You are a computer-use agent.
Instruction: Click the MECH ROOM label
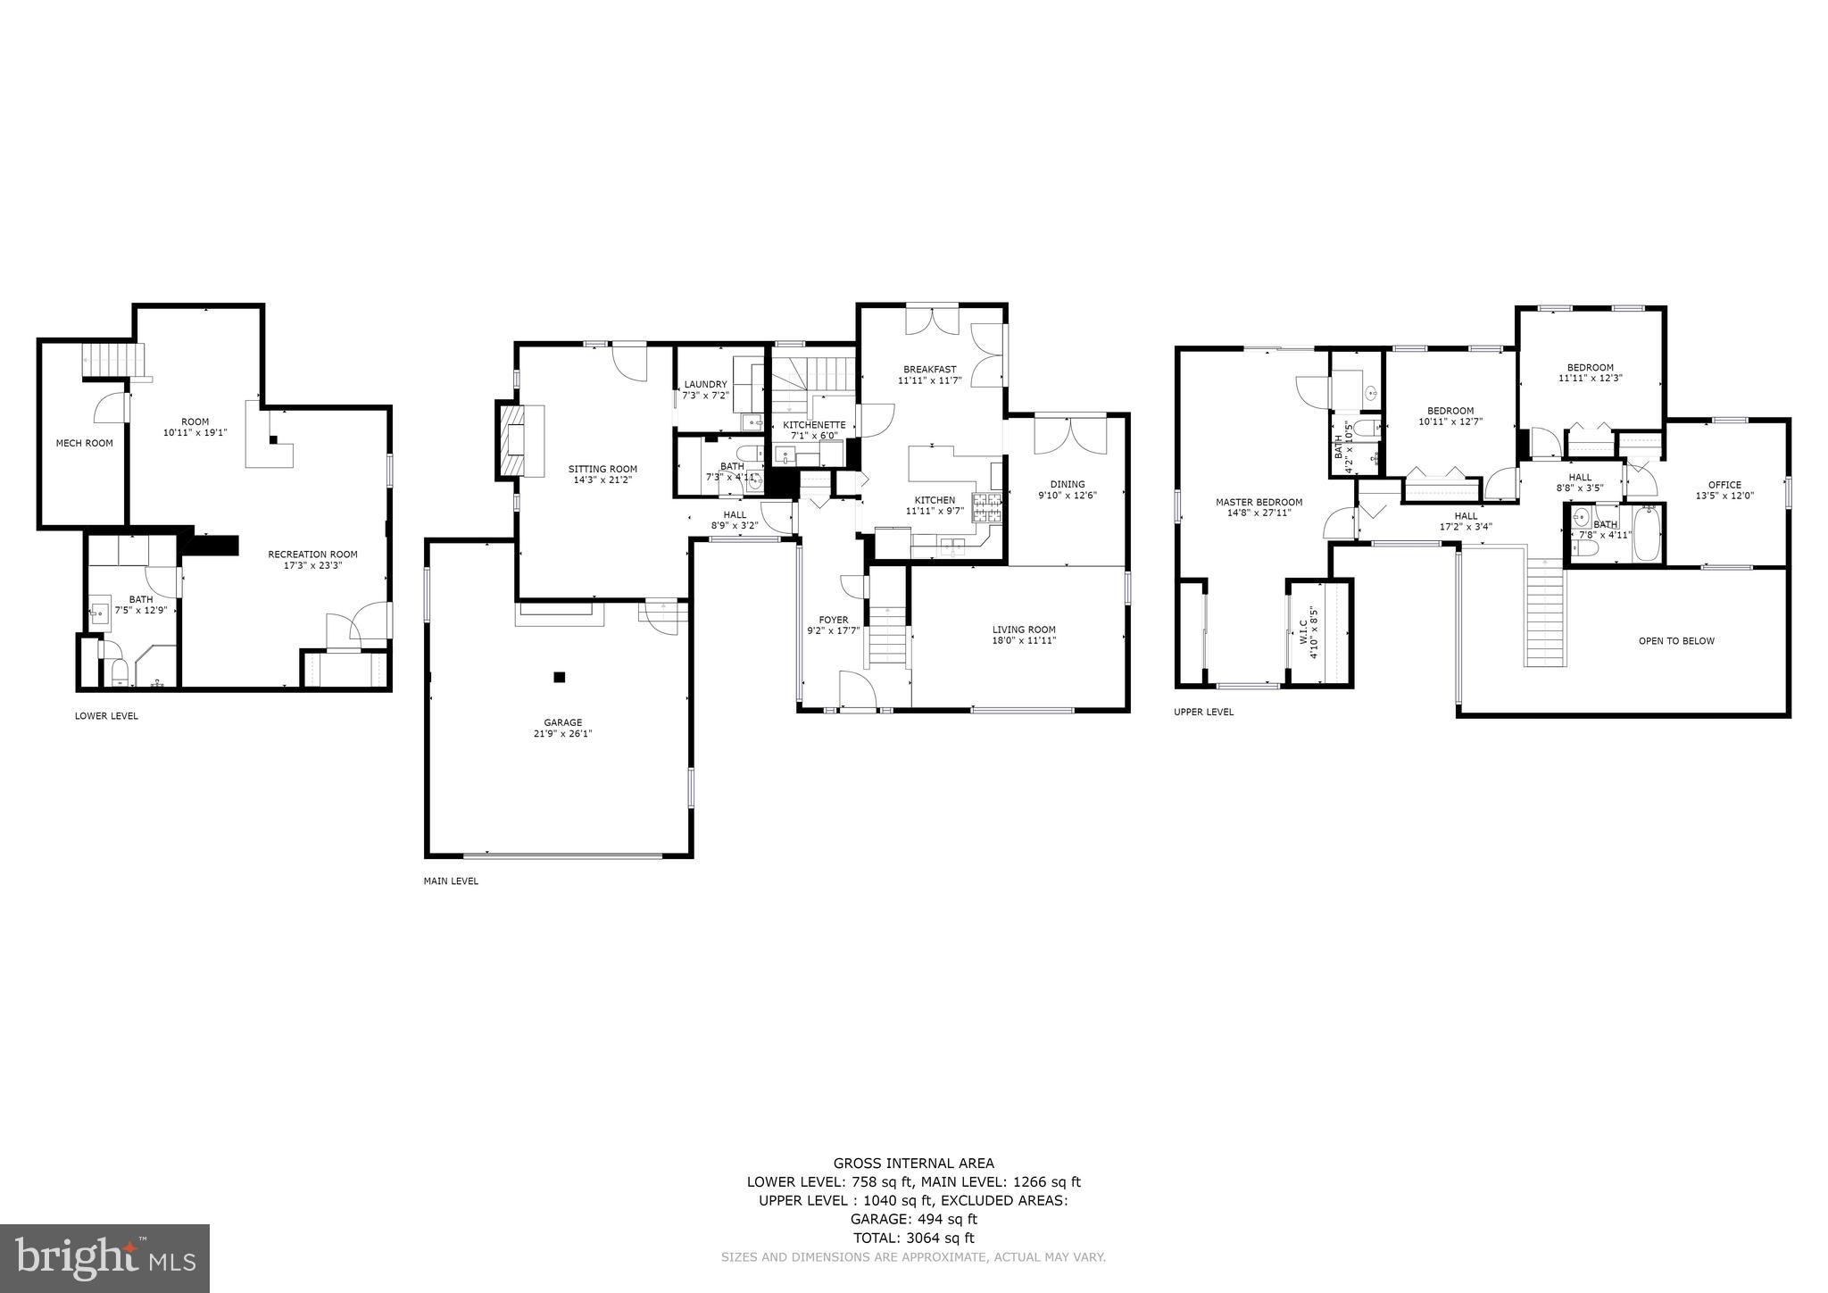[x=85, y=443]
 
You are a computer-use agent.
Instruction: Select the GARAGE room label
[x=563, y=722]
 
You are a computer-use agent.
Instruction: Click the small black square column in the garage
[x=560, y=677]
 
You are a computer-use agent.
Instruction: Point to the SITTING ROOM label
[x=603, y=469]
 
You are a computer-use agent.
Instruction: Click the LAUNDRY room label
[x=706, y=385]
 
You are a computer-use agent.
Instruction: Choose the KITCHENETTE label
[x=814, y=425]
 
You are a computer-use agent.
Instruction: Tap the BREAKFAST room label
[x=929, y=370]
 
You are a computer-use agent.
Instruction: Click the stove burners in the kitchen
[x=986, y=509]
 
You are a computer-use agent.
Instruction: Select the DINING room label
[x=1068, y=484]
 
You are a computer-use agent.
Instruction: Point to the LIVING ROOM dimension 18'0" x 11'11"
[x=1024, y=640]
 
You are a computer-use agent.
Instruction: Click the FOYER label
[x=834, y=620]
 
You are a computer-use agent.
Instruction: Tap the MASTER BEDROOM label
[x=1259, y=502]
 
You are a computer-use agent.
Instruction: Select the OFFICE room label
[x=1724, y=485]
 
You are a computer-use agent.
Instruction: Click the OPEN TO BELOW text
[x=1676, y=641]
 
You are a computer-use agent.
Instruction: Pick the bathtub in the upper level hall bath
[x=1647, y=534]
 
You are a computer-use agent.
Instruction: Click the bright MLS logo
[x=105, y=1258]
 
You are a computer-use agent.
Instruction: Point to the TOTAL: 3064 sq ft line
[x=913, y=1238]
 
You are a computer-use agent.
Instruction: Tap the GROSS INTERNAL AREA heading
[x=913, y=1163]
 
